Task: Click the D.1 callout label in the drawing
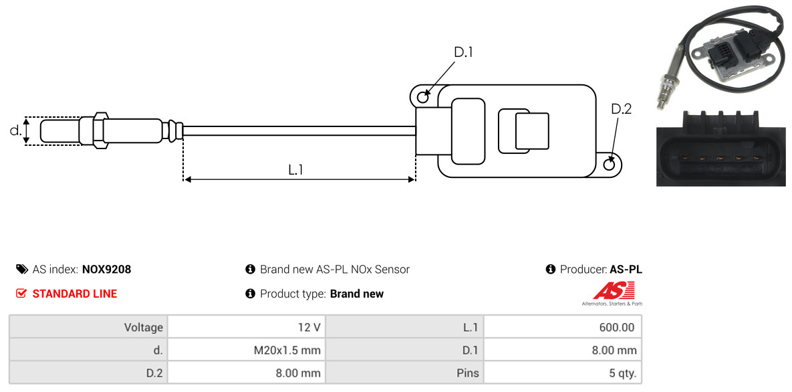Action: [463, 52]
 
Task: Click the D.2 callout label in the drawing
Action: [622, 109]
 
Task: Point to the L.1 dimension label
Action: [295, 170]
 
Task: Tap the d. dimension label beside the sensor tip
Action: [15, 130]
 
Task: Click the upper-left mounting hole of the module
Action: [423, 96]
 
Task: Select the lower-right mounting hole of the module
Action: [610, 165]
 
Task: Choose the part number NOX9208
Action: [106, 270]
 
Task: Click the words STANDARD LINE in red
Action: [75, 294]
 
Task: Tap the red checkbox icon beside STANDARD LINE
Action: [21, 294]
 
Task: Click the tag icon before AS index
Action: [21, 269]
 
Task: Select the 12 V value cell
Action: [247, 326]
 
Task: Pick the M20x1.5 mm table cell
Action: [247, 350]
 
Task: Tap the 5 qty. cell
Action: [562, 373]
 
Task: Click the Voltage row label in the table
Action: [144, 327]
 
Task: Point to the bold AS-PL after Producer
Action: [626, 270]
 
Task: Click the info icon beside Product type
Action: [250, 294]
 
